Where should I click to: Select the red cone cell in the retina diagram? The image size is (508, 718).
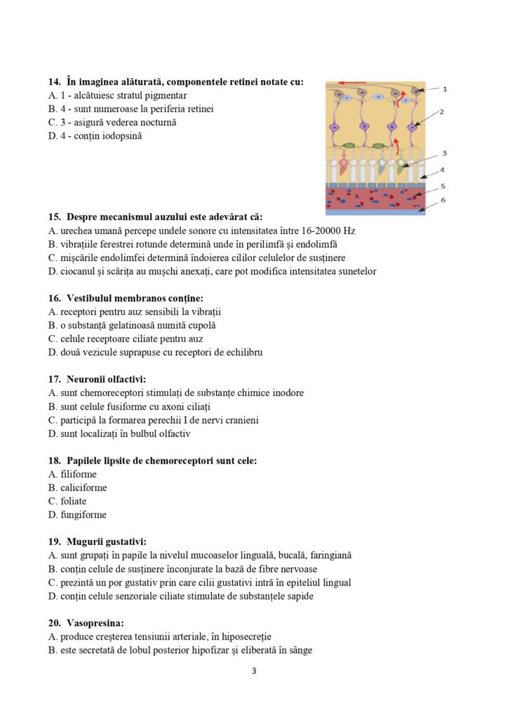coord(343,168)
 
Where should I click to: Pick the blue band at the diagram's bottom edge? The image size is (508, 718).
coord(375,212)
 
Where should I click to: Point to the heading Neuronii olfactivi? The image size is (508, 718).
coord(107,379)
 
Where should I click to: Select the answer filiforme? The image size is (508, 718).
coord(79,474)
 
